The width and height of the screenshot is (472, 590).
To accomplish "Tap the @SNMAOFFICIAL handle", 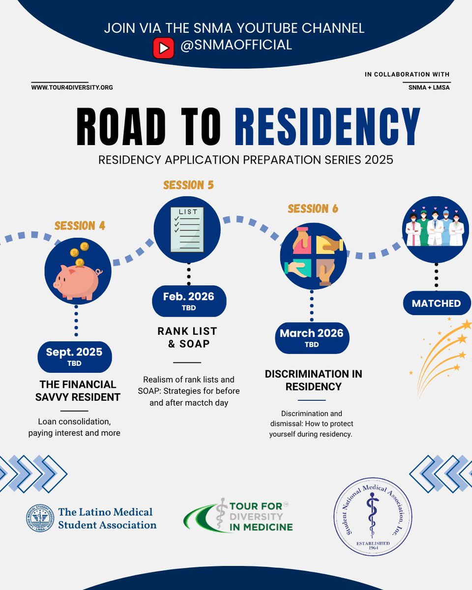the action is point(236,45).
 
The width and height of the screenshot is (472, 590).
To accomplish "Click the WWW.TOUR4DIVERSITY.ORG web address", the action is point(72,88).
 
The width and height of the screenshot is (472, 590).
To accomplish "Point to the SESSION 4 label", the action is point(80,226).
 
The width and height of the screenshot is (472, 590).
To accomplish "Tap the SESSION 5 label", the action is point(189,185).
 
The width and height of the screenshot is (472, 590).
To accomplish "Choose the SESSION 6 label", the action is point(313,208).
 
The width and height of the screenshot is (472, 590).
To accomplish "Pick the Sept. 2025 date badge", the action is point(75,356).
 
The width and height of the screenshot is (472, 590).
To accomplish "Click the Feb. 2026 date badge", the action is point(189,301).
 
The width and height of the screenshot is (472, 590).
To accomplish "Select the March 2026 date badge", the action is point(312,337).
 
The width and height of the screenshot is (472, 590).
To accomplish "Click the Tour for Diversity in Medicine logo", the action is point(238,515).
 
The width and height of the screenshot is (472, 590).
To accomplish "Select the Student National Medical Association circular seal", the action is point(373,517).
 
